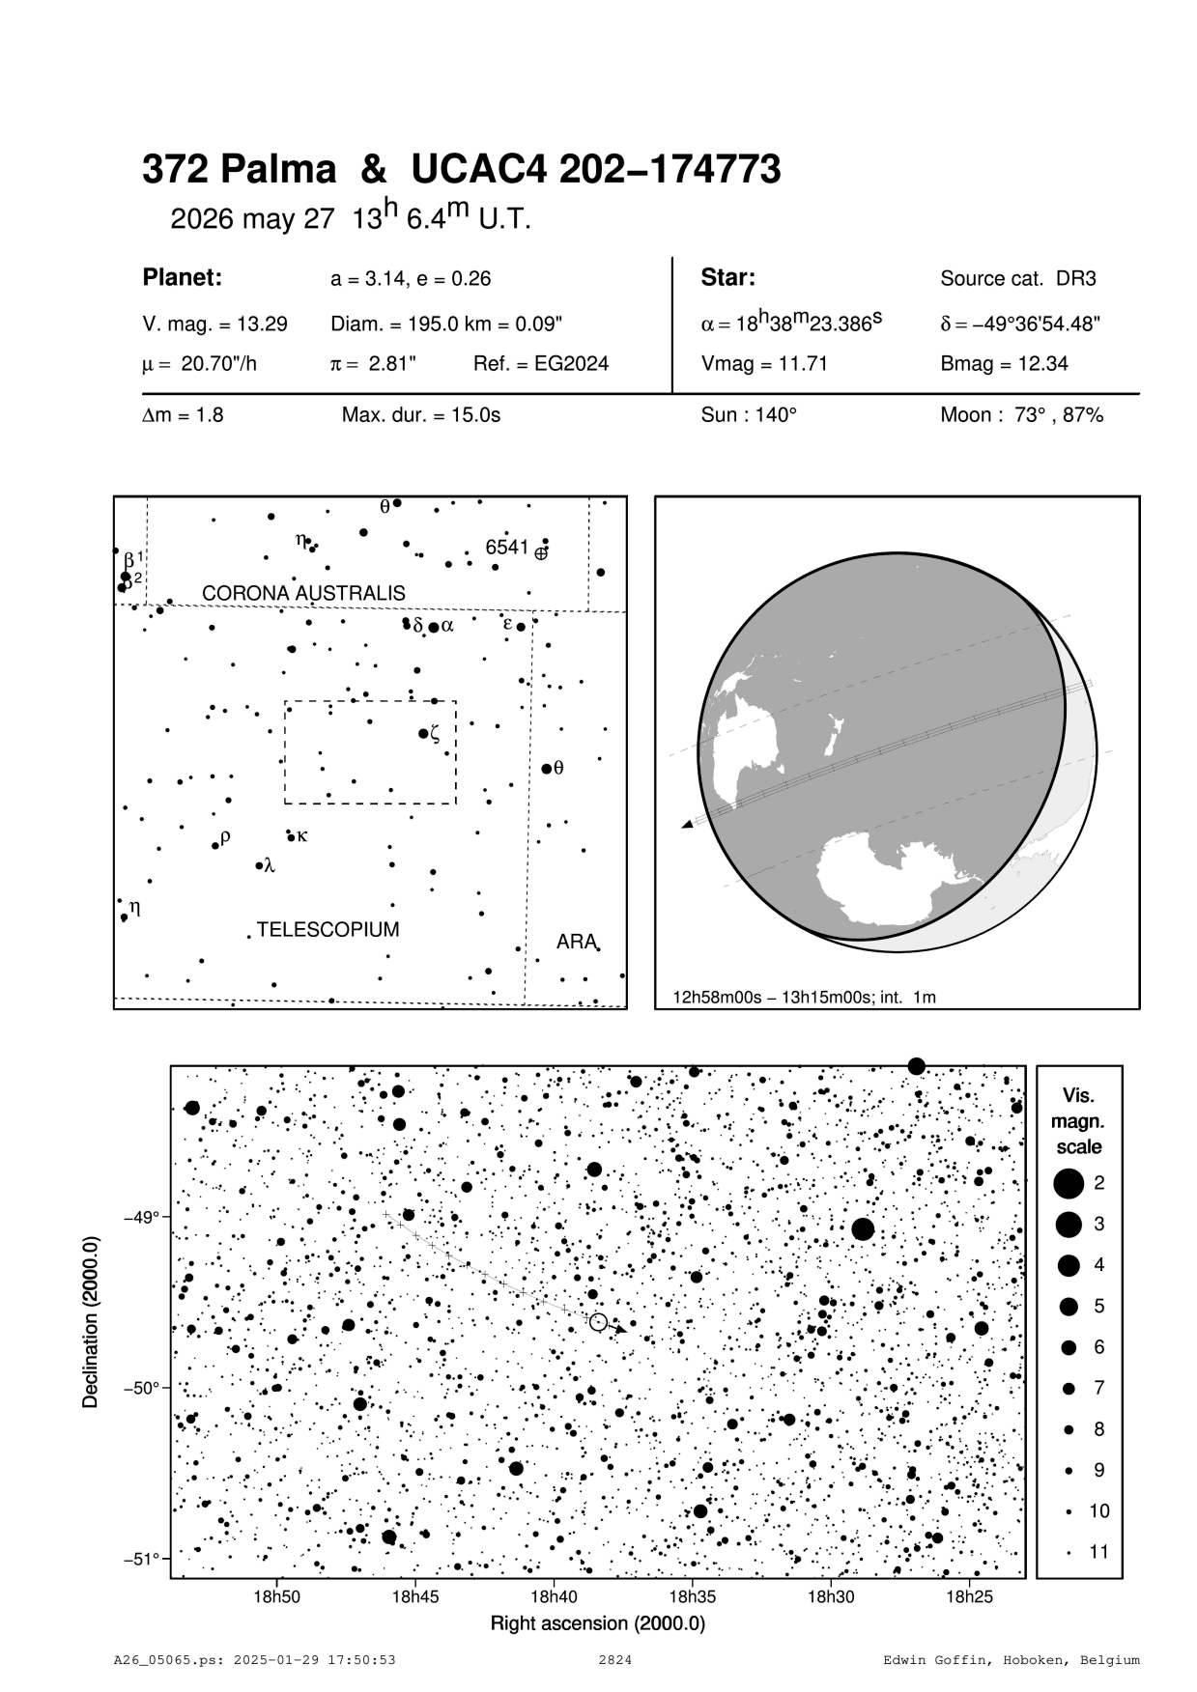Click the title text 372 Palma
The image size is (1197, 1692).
pyautogui.click(x=240, y=170)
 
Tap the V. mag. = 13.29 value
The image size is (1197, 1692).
pyautogui.click(x=214, y=324)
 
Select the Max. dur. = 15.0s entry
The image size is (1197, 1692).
pyautogui.click(x=421, y=416)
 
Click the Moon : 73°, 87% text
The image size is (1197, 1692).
pyautogui.click(x=1021, y=416)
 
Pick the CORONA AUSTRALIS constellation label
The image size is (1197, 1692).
pyautogui.click(x=303, y=593)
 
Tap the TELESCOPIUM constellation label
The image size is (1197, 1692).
pyautogui.click(x=328, y=930)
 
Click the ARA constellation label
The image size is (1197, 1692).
pyautogui.click(x=576, y=942)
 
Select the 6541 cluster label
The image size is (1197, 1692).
pyautogui.click(x=506, y=548)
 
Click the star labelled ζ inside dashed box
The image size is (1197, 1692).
pyautogui.click(x=423, y=734)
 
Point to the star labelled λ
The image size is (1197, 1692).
pyautogui.click(x=259, y=865)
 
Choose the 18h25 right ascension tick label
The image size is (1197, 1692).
pyautogui.click(x=970, y=1597)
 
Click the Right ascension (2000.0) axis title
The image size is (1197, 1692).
pyautogui.click(x=598, y=1623)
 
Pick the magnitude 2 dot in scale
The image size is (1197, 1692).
pyautogui.click(x=1069, y=1183)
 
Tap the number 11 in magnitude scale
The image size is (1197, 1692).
pyautogui.click(x=1098, y=1553)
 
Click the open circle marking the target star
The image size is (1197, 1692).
pyautogui.click(x=598, y=1322)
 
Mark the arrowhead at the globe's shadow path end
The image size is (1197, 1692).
pyautogui.click(x=687, y=824)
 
